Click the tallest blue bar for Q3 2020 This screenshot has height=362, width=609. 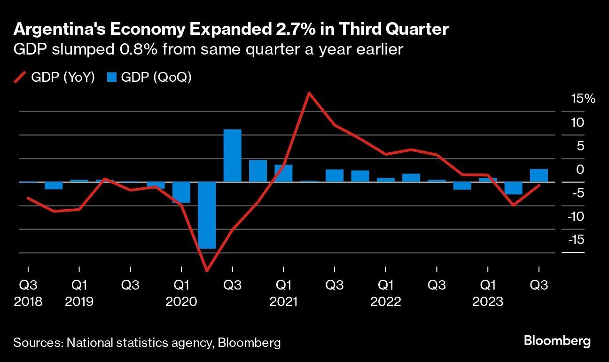tap(232, 156)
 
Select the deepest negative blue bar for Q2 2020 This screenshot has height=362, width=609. tap(207, 215)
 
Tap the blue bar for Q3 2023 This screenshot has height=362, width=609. tap(539, 175)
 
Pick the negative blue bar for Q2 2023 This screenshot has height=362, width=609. tap(513, 188)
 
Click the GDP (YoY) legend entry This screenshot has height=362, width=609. tap(55, 78)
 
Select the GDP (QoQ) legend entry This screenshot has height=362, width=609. tap(150, 78)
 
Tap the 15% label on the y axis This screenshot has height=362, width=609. tap(583, 99)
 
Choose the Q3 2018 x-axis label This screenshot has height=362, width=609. tap(28, 293)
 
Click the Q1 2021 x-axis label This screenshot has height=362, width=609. tap(283, 293)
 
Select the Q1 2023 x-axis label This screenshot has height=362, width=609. tap(488, 293)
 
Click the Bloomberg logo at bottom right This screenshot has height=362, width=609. tap(557, 341)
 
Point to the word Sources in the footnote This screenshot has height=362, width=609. tap(37, 343)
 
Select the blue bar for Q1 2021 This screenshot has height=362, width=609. tap(283, 173)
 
